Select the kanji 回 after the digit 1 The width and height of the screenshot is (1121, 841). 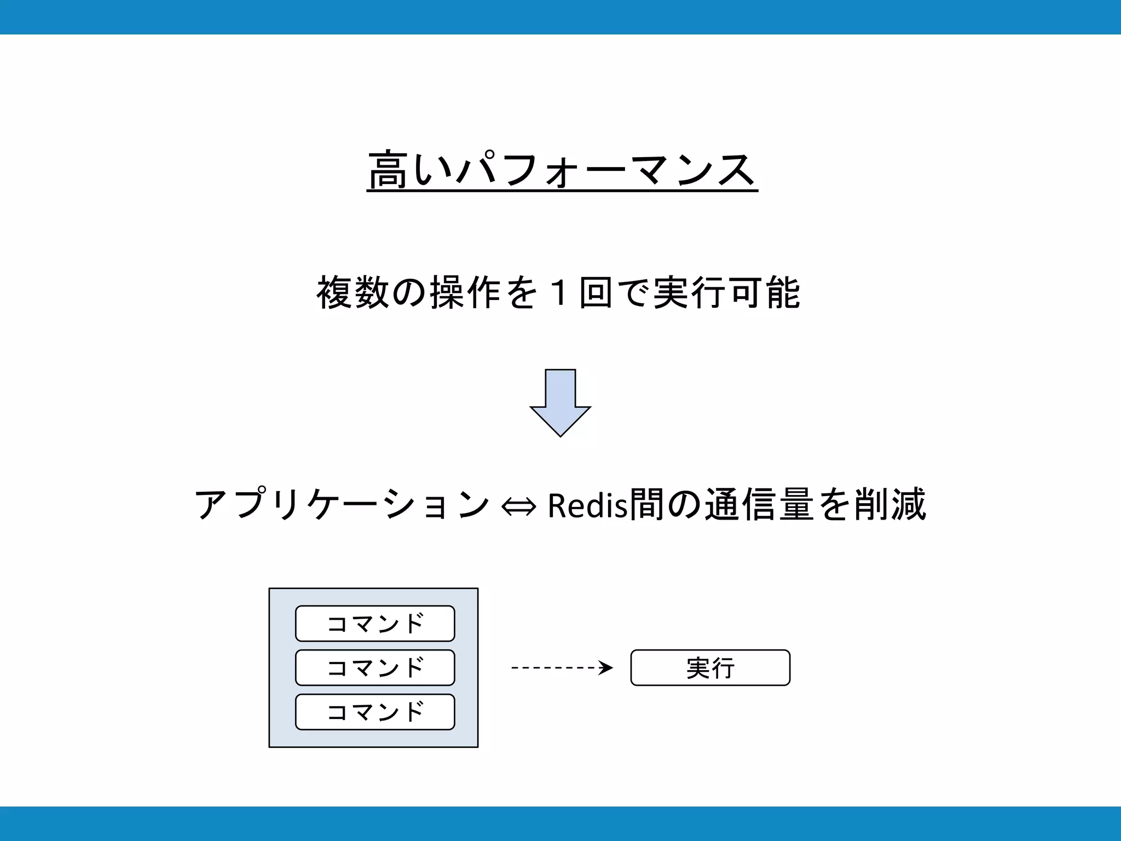tap(595, 292)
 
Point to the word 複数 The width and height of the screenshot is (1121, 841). tap(353, 292)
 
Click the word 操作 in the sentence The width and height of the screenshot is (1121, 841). tap(465, 292)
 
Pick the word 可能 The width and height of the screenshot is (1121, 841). tap(766, 292)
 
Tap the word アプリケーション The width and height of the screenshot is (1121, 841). tap(342, 504)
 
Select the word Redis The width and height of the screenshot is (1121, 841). tap(587, 505)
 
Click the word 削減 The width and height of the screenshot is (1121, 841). tap(889, 504)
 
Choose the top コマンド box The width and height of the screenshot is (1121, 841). tap(375, 623)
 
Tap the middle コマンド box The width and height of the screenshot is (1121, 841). tap(375, 667)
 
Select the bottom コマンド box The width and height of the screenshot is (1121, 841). tap(375, 712)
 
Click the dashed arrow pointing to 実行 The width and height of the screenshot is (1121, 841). tap(558, 667)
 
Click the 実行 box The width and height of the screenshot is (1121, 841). tap(710, 667)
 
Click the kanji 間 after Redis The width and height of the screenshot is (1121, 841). tap(646, 504)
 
